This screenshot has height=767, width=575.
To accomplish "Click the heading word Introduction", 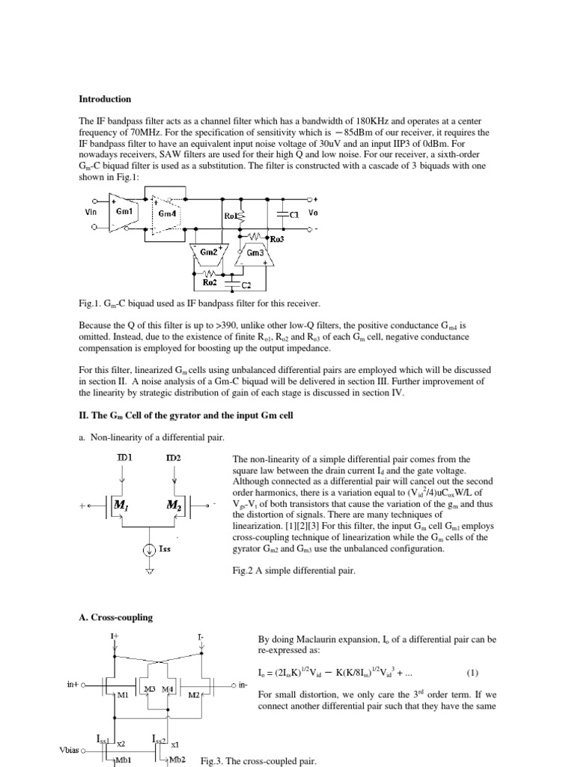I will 105,99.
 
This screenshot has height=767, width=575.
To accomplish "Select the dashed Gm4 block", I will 167,213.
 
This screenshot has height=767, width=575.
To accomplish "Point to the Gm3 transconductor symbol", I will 255,253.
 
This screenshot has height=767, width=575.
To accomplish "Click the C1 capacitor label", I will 294,213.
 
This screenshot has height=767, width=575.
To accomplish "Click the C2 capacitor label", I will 246,285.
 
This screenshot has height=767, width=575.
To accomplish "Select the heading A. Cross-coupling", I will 116,618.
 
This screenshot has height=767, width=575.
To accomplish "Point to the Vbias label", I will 72,750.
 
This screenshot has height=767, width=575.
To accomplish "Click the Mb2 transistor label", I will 177,760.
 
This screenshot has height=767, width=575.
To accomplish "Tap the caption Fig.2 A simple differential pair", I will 287,569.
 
